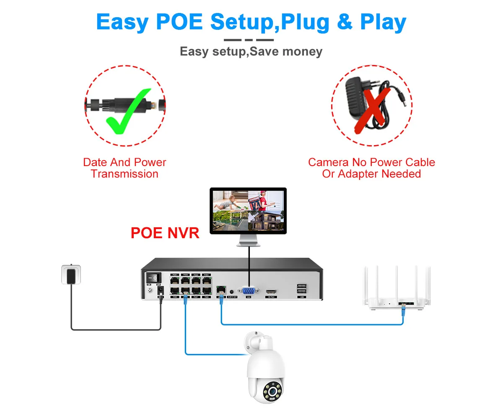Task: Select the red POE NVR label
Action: [165, 233]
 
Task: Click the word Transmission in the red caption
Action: [124, 174]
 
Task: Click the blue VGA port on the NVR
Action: [248, 291]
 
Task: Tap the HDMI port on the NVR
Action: [271, 291]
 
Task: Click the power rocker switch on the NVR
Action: [153, 278]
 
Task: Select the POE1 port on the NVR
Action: [174, 278]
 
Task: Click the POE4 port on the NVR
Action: [206, 278]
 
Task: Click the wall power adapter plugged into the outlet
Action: [71, 275]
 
